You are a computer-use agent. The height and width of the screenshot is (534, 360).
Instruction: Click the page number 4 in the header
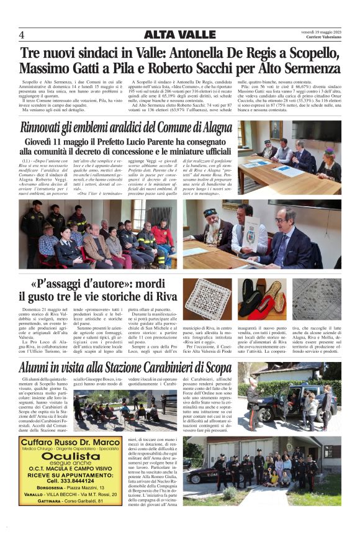22,34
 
